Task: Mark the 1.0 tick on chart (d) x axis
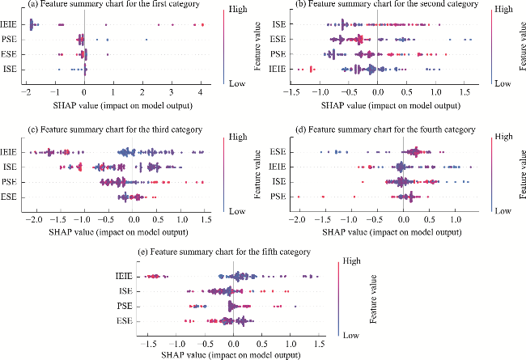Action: point(457,219)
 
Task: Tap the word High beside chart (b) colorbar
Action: point(503,8)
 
